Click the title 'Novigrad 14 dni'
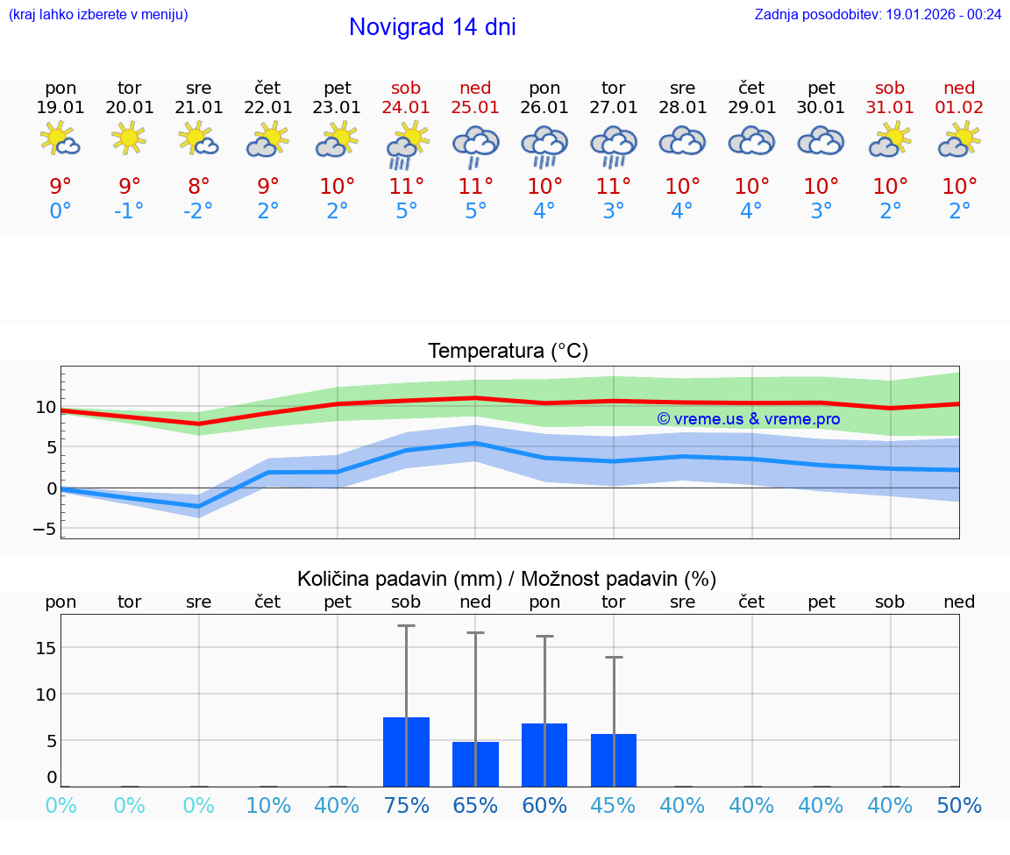(432, 27)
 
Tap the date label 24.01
(406, 107)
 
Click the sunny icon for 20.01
(129, 138)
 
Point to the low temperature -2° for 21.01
(198, 211)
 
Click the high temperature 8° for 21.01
(198, 187)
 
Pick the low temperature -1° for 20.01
(129, 211)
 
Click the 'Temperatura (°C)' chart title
(508, 352)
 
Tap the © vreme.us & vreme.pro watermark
(749, 419)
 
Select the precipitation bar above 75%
(406, 752)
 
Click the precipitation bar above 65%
(475, 764)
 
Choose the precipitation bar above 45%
(614, 760)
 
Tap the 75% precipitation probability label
(406, 806)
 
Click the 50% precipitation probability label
(959, 806)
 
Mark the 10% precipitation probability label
(267, 806)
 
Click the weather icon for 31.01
(890, 139)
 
